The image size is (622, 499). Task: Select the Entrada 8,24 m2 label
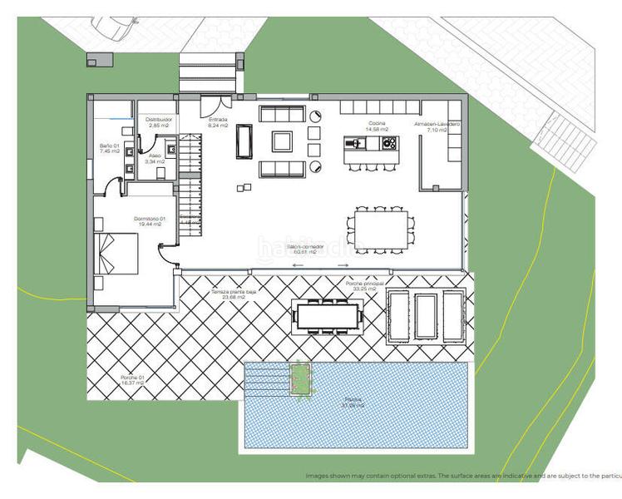tap(218, 122)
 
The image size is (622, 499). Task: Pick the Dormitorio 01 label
tap(151, 222)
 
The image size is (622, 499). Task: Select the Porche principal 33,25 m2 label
tap(364, 286)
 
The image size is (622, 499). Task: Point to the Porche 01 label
tap(133, 381)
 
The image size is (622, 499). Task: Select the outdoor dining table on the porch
tap(327, 315)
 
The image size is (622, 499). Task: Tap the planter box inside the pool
tap(299, 379)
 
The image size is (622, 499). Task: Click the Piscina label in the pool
tap(354, 403)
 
